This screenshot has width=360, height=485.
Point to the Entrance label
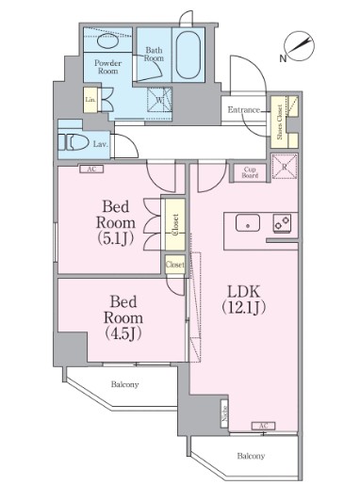pos(244,110)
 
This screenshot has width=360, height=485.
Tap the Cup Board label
pos(250,170)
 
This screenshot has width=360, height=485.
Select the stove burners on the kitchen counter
pos(282,224)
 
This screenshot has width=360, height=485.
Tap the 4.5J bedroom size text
pos(122,331)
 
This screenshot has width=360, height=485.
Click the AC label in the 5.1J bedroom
pos(91,170)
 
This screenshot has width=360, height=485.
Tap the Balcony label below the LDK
pos(250,456)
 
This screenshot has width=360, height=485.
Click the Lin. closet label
pos(90,100)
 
